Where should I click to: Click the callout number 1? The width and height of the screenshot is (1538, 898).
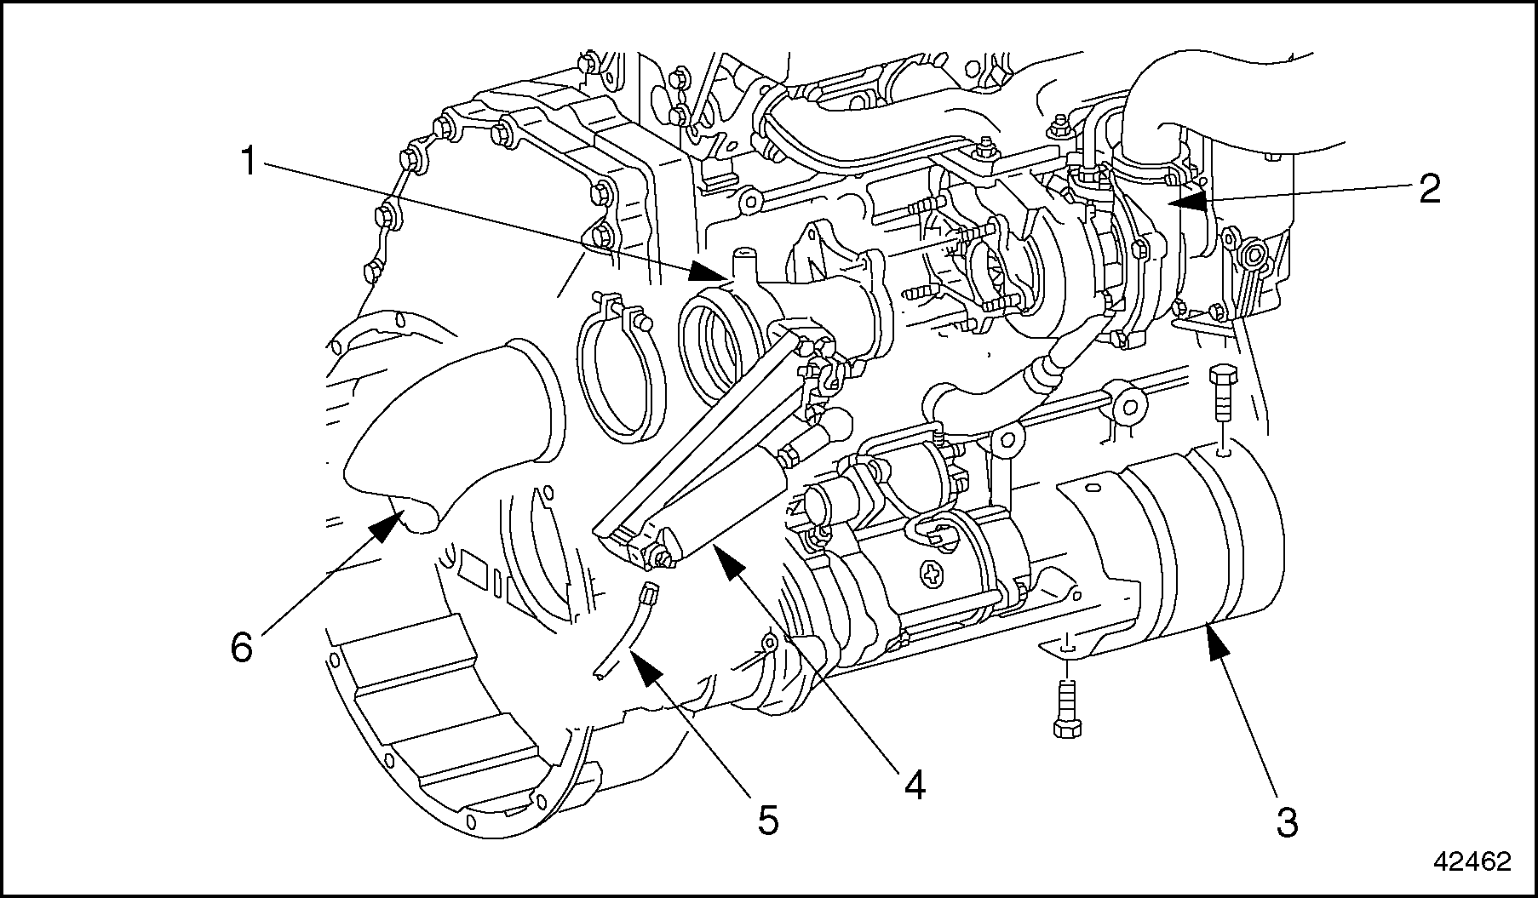(x=248, y=161)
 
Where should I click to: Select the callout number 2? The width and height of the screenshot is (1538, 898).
(x=1429, y=188)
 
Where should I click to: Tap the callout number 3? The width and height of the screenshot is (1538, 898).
(x=1287, y=822)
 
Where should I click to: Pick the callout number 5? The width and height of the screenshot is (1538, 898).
(x=768, y=820)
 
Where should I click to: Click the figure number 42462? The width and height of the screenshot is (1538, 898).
(x=1472, y=861)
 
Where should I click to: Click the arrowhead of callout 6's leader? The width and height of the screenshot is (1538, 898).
(x=392, y=521)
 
